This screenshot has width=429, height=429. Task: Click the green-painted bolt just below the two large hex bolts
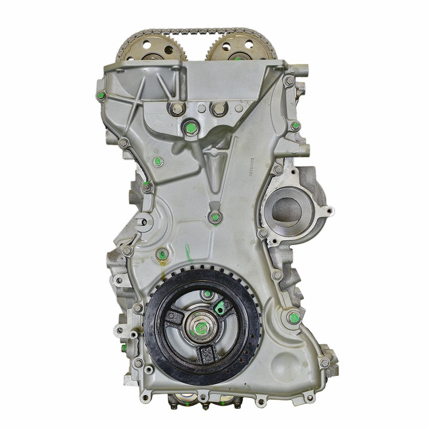[190, 127]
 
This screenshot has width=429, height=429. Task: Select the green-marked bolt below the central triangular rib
[215, 217]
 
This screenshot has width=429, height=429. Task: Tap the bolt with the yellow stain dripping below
[162, 253]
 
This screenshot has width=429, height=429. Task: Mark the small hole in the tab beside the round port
[328, 211]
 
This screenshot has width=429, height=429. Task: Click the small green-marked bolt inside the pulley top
[206, 294]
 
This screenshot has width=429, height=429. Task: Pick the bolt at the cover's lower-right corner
[324, 363]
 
